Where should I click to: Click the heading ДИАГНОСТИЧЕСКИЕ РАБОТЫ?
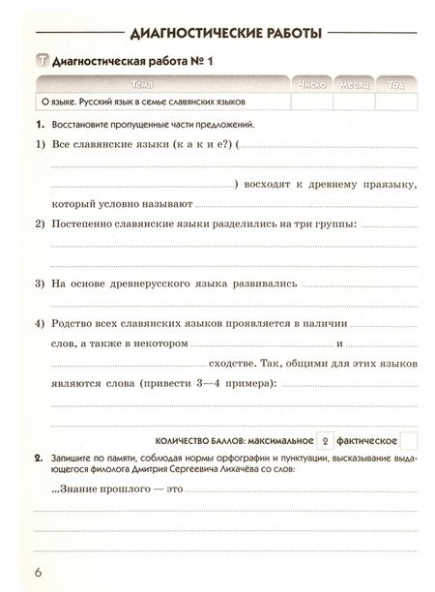pyautogui.click(x=217, y=36)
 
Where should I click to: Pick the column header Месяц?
pyautogui.click(x=354, y=85)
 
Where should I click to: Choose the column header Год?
pyautogui.click(x=396, y=85)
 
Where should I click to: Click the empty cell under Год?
pyautogui.click(x=396, y=101)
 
